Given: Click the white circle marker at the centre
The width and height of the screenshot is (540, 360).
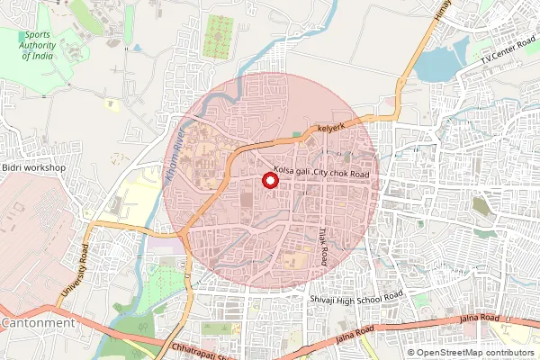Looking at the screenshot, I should (x=269, y=180).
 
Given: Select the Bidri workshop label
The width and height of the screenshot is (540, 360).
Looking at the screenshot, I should (x=35, y=167).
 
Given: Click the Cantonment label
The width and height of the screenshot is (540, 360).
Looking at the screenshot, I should (x=37, y=322).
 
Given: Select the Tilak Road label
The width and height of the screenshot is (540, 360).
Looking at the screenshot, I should (x=323, y=244).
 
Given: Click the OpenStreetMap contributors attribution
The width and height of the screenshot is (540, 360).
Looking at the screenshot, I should (x=471, y=353).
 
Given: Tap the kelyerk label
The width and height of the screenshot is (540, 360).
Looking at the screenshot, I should (x=330, y=130).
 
